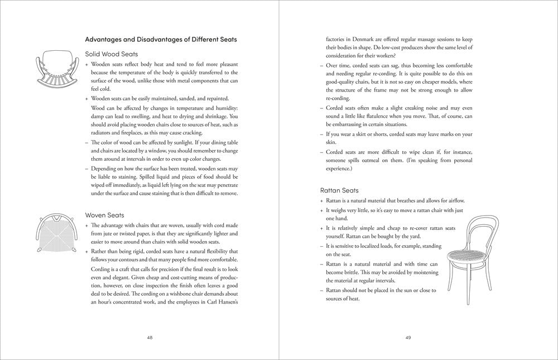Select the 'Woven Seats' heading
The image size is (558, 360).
[x=104, y=215]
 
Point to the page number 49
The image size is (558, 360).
[x=408, y=337]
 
